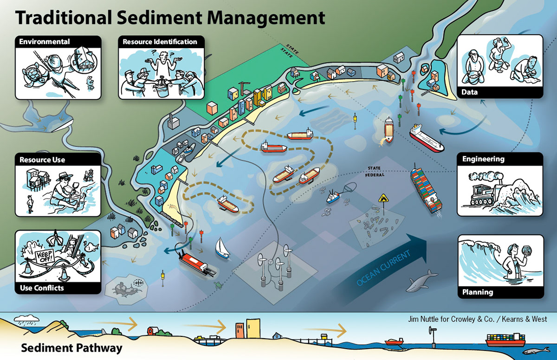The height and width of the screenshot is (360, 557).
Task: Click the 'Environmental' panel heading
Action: (45, 42)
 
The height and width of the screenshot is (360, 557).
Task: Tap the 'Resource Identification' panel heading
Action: (160, 42)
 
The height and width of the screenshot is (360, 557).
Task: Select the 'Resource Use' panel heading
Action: (42, 160)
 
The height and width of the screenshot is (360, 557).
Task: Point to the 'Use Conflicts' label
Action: (42, 288)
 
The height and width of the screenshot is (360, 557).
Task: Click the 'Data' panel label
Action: (470, 92)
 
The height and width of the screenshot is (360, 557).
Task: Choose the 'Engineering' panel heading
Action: (483, 159)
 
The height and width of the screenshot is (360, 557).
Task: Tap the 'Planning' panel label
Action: (478, 292)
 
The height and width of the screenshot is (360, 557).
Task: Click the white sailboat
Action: (221, 248)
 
